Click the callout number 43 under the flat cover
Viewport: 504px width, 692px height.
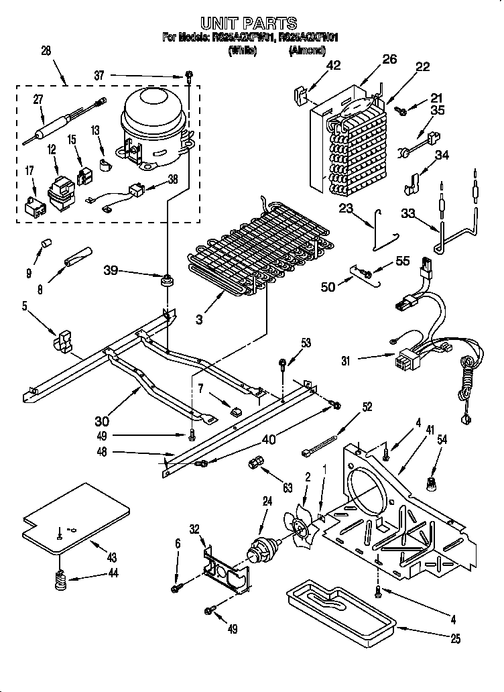tap(111, 557)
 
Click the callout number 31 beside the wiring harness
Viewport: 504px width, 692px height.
tap(346, 360)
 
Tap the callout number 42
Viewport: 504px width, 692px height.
tap(333, 65)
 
